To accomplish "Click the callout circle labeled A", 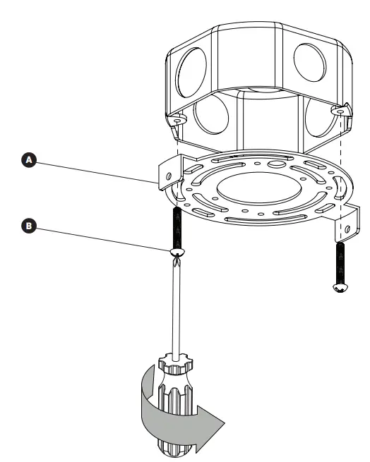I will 29,161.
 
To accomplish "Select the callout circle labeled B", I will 29,226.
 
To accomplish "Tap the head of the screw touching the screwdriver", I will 177,252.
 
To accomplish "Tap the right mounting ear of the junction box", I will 342,112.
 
